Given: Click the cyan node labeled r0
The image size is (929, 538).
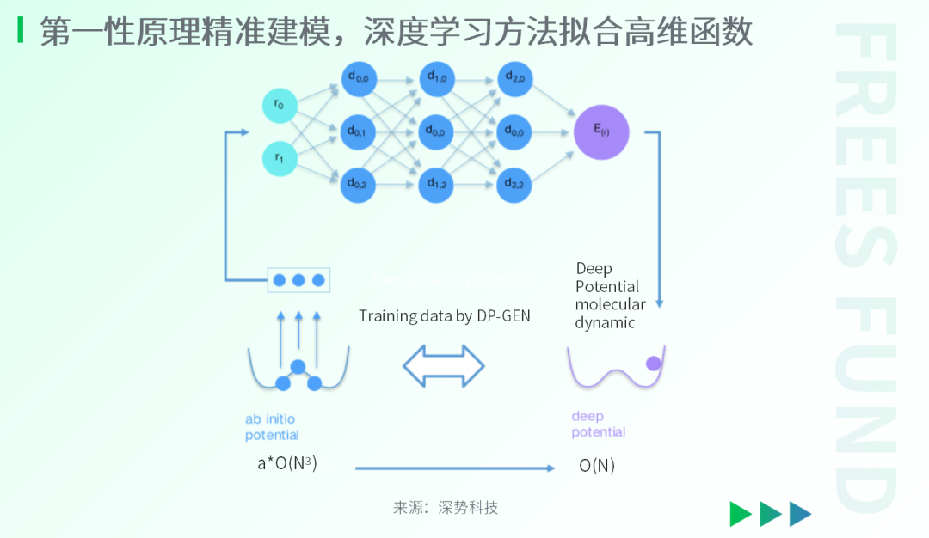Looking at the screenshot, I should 280,106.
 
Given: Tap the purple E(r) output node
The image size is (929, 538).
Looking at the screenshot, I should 602,132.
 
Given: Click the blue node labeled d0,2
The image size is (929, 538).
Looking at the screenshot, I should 358,183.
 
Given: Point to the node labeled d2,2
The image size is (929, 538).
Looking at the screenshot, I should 515,183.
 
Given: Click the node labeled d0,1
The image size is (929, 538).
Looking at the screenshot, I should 358,132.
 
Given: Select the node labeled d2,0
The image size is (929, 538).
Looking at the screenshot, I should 515,79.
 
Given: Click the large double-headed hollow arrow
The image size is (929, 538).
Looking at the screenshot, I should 444,366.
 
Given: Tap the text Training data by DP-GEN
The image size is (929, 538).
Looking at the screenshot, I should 445,315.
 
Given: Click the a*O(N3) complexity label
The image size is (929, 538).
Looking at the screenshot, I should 287,463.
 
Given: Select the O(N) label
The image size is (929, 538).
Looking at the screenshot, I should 597,466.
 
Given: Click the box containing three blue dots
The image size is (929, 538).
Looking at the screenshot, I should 298,280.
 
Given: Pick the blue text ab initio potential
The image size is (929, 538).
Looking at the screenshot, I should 272,426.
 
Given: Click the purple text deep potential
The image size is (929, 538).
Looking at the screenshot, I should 599,425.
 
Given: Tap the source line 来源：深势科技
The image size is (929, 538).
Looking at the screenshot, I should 446,507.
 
